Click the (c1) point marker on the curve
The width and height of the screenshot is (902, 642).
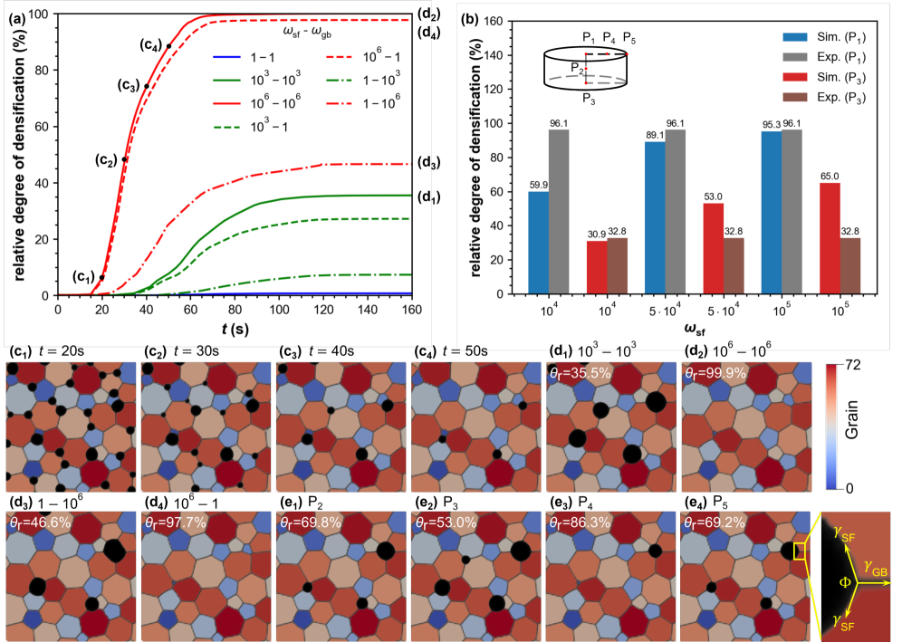[x=102, y=278]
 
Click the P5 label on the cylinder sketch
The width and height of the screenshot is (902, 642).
[x=629, y=37]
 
